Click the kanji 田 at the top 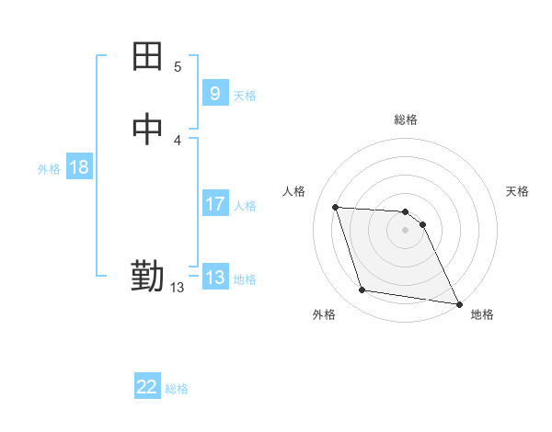pos(147,58)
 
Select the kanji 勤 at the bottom pos(147,276)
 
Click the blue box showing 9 pos(214,93)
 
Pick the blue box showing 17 pos(214,204)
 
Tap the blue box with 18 pos(78,167)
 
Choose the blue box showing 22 pos(147,387)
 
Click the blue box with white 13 pos(214,278)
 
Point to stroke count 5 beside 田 pos(178,67)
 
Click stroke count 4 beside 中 pos(178,141)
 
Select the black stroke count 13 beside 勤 pos(177,288)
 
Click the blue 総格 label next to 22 pos(177,389)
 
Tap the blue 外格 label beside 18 pos(49,169)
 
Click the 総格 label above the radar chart pos(406,119)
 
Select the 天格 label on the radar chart pos(517,191)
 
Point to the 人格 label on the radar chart pos(294,191)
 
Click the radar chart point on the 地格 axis pos(459,302)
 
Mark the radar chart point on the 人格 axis pos(335,207)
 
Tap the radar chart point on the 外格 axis pos(362,290)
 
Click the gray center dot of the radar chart pos(406,230)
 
